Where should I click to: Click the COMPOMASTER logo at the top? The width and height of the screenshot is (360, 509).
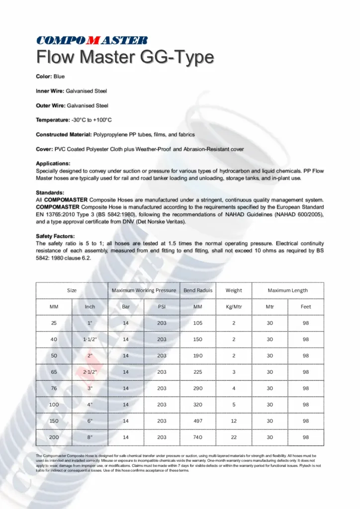pos(91,40)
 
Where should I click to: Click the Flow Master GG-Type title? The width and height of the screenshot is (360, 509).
pos(125,58)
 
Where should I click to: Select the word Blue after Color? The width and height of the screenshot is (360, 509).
pos(59,77)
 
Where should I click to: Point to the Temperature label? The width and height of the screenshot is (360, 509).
pos(53,120)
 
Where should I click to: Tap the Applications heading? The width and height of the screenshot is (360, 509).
pos(53,163)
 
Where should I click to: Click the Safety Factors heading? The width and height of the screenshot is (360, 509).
pos(56,236)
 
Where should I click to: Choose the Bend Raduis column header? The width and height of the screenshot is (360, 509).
pos(198,290)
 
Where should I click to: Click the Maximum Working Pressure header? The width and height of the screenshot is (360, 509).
pos(144,290)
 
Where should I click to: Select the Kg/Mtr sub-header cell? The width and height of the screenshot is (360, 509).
pos(234,307)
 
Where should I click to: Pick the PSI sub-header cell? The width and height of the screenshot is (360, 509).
pos(162,307)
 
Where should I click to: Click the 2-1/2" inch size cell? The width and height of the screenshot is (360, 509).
pos(90,372)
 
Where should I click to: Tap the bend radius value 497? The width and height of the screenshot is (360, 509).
pos(198,421)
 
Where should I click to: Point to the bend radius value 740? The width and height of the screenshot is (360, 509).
pos(198,437)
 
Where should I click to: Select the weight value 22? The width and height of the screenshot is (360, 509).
pos(234,437)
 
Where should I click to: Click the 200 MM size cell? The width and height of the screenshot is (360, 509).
pos(54,437)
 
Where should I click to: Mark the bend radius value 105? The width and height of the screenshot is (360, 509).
pos(198,323)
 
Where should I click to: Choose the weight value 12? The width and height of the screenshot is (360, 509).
pos(234,421)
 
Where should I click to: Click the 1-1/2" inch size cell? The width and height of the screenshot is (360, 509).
pos(90,339)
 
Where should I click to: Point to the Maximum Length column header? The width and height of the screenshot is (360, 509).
pos(288,290)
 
